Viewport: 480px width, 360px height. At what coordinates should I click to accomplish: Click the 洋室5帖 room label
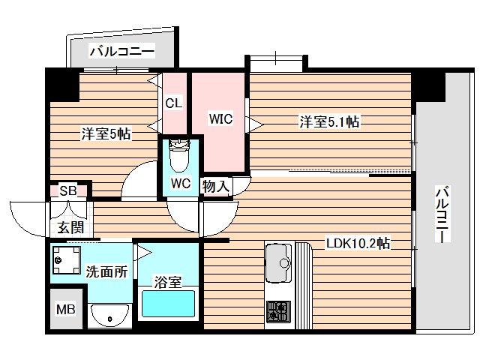coord(106,135)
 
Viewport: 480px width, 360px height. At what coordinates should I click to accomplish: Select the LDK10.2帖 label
coord(356,243)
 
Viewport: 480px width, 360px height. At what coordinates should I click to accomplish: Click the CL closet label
coord(173,103)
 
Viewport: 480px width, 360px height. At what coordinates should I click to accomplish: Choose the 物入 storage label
coord(215,186)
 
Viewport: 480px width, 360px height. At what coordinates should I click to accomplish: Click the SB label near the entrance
coord(67,191)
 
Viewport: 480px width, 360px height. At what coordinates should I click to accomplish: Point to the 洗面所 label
coord(106,272)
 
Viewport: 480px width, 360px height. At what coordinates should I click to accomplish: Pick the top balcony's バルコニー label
coord(121,52)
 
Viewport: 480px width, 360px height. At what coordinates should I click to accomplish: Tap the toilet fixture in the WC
coord(180,157)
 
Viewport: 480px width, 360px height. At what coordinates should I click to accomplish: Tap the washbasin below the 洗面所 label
coord(110,315)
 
